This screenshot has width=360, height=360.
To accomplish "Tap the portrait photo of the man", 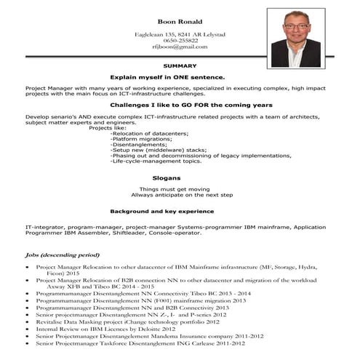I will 295,38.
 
